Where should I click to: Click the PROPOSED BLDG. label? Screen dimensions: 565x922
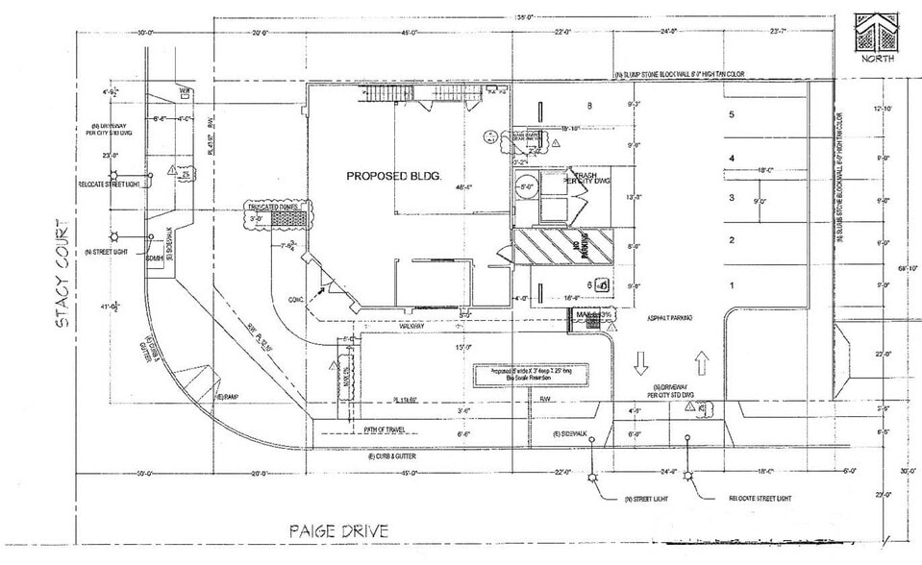click(392, 177)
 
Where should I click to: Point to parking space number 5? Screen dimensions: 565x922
click(732, 114)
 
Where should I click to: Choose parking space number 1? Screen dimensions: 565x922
click(732, 285)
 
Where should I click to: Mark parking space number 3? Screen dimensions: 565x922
click(732, 198)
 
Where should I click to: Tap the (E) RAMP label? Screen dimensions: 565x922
click(228, 396)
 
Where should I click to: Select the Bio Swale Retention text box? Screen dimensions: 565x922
click(524, 374)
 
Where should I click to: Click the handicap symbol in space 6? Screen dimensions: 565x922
click(601, 283)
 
